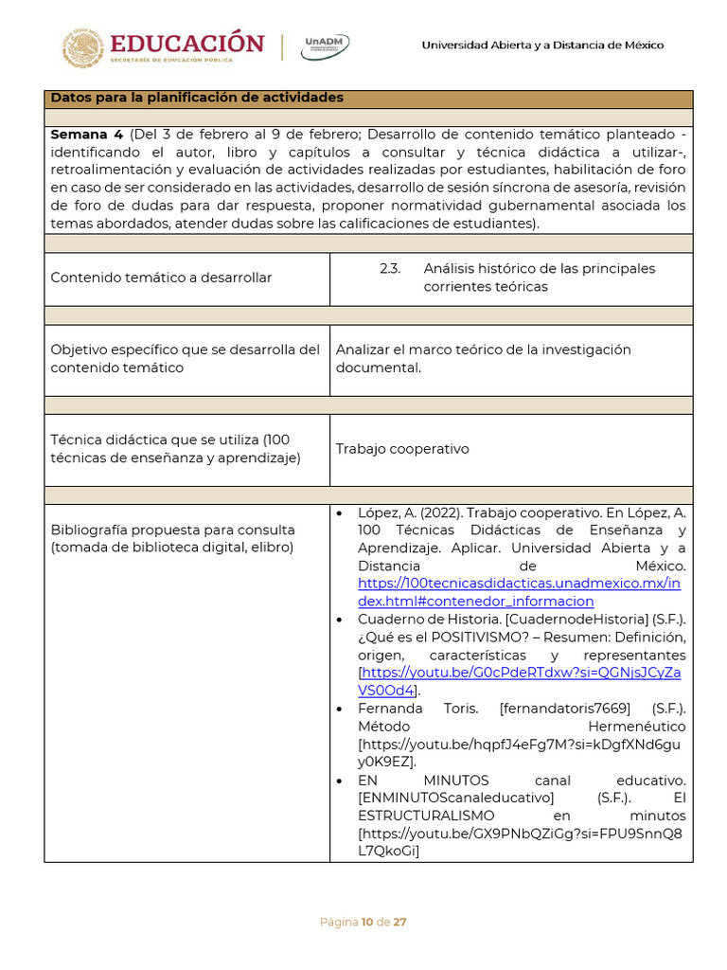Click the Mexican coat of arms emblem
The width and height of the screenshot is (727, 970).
pos(83,47)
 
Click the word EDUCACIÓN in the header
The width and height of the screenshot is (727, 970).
pos(187,43)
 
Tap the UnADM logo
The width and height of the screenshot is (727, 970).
pos(325,46)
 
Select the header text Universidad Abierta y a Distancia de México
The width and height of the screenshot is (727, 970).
pos(542,45)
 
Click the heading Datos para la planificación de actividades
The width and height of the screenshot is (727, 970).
pos(197,99)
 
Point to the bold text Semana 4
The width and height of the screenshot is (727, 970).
pos(87,135)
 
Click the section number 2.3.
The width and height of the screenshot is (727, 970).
pos(390,269)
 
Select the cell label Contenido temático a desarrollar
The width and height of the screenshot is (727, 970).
pos(161,278)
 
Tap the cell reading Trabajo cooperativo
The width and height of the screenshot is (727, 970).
pos(402,449)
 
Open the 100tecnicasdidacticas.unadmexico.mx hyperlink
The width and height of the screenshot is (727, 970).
pos(518,584)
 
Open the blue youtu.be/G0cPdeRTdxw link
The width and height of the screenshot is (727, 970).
pos(520,674)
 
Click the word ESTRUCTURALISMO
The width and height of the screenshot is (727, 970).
pos(426,816)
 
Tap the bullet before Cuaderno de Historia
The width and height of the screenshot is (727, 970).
pos(340,620)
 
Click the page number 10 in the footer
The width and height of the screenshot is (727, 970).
pos(366,922)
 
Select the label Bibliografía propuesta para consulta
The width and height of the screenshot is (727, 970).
pos(172,530)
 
